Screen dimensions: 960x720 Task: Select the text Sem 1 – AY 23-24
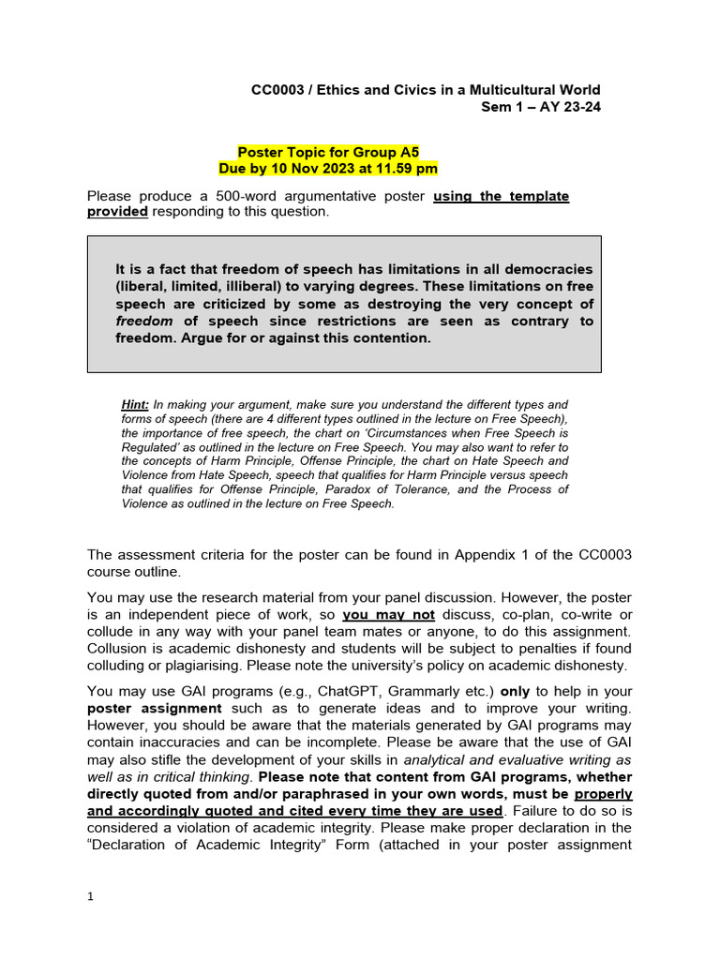click(x=540, y=107)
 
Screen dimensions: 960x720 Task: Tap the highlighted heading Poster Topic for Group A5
click(x=327, y=152)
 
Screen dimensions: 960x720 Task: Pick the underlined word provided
click(x=117, y=212)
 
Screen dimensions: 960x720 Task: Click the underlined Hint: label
click(x=136, y=405)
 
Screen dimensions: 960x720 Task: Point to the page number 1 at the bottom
click(x=90, y=896)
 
